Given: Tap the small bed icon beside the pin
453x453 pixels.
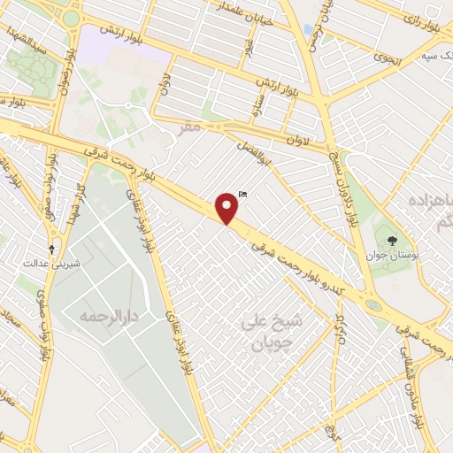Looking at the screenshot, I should tap(243, 194).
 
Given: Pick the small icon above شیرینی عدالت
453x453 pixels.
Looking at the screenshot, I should tap(51, 225).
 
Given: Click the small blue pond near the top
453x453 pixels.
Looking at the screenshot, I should tap(308, 29).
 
